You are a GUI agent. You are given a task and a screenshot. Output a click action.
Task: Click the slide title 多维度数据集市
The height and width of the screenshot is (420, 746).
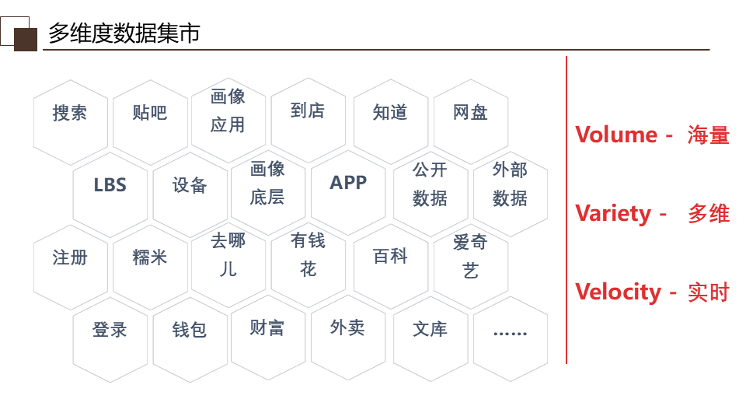tap(124, 33)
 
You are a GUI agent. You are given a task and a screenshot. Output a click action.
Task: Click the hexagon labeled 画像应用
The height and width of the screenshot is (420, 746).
tap(228, 111)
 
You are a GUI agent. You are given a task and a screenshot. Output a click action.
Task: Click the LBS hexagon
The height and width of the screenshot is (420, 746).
tap(110, 186)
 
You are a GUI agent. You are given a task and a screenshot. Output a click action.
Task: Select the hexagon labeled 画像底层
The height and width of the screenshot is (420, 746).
tap(267, 184)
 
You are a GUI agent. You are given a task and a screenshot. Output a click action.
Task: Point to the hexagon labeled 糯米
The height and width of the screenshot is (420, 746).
tap(149, 258)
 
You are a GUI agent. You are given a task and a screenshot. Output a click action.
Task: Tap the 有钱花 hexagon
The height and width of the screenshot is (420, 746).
tap(308, 256)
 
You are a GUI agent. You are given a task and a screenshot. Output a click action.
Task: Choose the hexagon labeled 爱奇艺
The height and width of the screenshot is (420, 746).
tap(470, 257)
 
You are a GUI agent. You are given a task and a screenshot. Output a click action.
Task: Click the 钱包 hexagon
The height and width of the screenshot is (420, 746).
tap(189, 331)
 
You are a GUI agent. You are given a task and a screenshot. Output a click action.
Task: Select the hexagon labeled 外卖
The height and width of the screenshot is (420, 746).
tap(347, 329)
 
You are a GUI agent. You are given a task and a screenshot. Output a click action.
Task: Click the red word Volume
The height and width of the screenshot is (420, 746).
tap(616, 135)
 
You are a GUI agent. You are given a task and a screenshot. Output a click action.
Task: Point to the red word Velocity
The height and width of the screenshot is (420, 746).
tap(618, 292)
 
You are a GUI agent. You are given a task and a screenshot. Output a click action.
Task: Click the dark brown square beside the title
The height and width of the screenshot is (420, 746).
tap(26, 40)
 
